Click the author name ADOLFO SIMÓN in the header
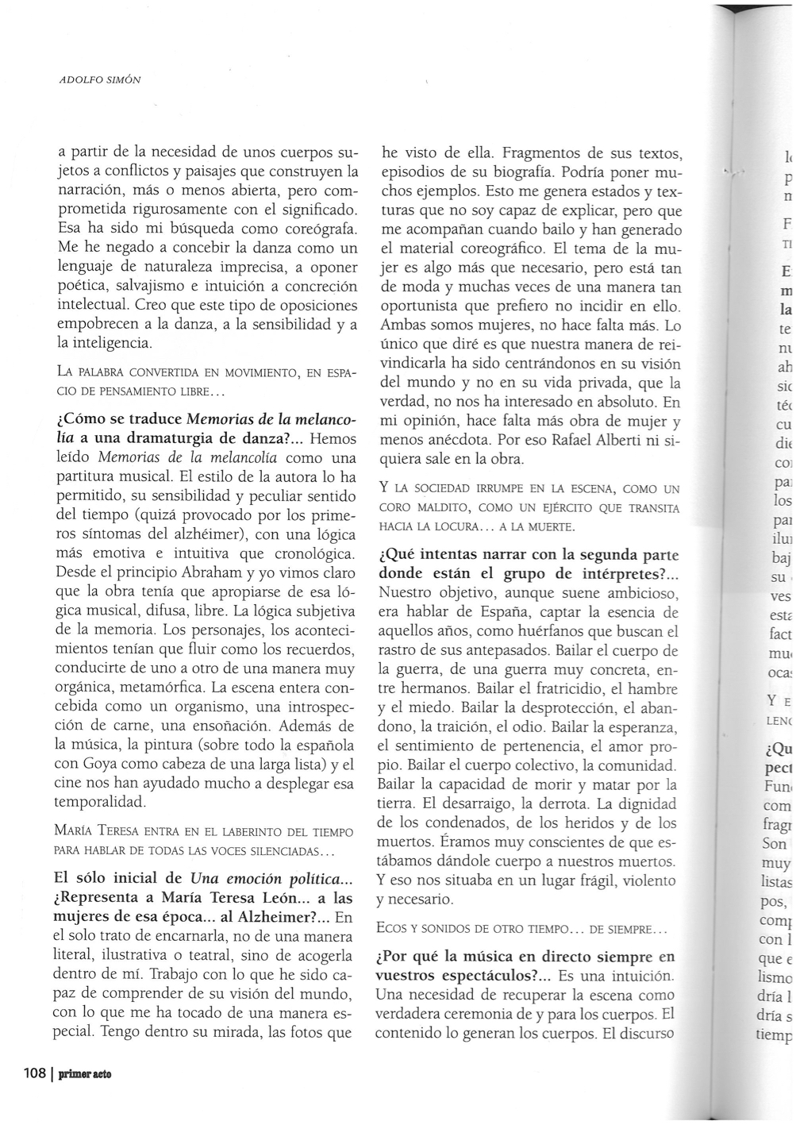pyautogui.click(x=100, y=81)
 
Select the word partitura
pyautogui.click(x=90, y=477)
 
